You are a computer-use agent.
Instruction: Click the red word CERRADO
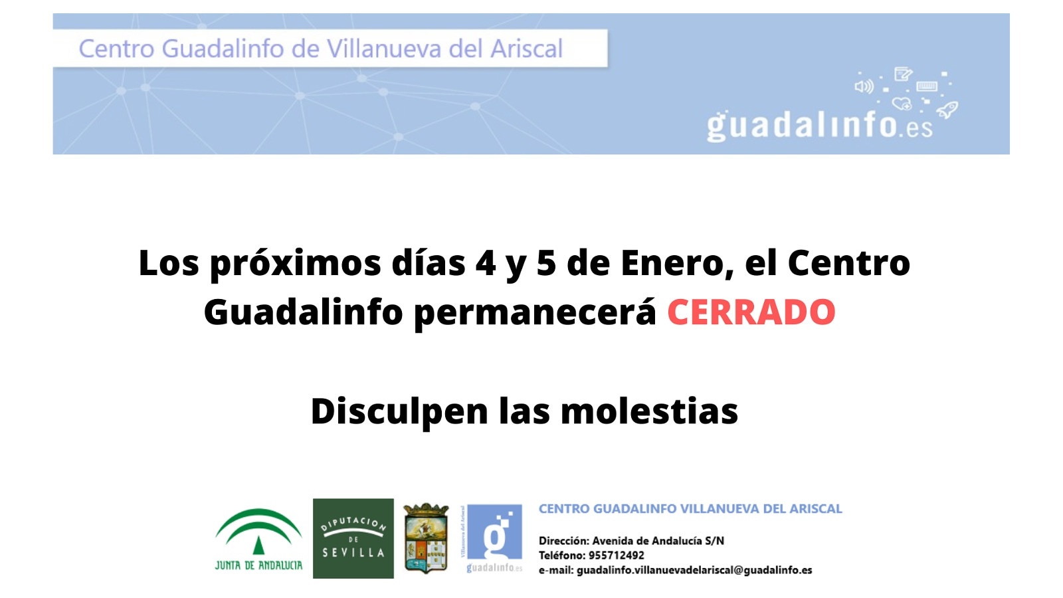751,312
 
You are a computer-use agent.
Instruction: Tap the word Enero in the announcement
672,263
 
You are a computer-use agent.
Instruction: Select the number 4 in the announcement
486,263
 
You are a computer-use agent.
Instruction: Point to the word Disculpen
399,411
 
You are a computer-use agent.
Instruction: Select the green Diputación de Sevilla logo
353,538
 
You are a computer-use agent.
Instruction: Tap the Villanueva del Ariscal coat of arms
426,538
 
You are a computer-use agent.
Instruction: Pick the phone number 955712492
616,555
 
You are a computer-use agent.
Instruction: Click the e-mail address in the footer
694,570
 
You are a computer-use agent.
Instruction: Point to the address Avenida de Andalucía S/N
658,541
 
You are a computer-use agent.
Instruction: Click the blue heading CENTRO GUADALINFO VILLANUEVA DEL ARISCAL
690,509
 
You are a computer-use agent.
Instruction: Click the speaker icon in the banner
864,86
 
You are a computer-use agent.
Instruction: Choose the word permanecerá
535,312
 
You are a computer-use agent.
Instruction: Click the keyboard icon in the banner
927,86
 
